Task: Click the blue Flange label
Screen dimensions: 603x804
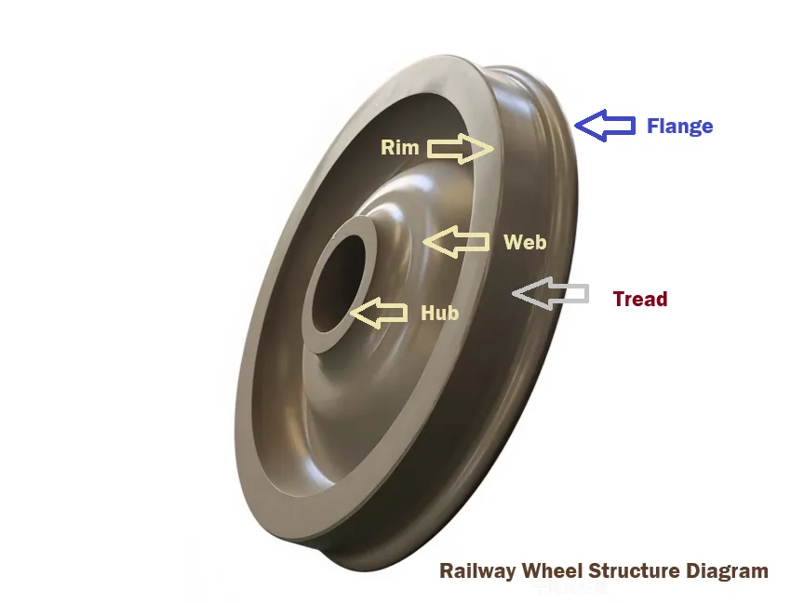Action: pos(679,126)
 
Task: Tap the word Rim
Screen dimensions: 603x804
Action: pos(399,147)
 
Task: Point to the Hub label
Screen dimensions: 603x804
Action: pos(439,313)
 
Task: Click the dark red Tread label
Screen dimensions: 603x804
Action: pos(640,299)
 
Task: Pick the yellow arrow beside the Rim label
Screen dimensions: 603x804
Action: pos(460,147)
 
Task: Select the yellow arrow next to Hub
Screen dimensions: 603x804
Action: pos(380,314)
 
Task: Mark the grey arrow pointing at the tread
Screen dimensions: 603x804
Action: pos(551,294)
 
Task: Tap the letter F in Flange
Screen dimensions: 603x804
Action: pos(654,126)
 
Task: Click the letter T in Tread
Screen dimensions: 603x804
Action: pos(619,299)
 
